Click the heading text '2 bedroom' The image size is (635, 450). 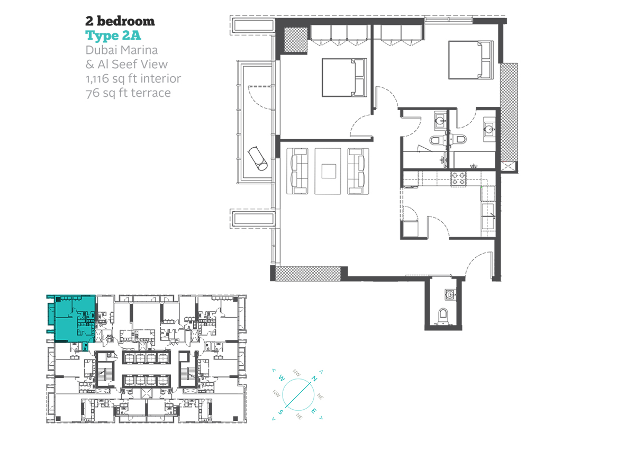click(120, 21)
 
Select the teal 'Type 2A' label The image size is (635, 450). click(113, 35)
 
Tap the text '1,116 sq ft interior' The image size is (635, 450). click(133, 78)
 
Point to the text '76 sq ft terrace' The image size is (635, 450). click(128, 93)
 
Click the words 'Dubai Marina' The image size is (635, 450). click(122, 50)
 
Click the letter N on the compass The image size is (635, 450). click(314, 379)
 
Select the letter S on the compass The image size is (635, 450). click(280, 412)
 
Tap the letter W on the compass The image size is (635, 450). click(282, 377)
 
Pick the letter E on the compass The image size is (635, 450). click(314, 411)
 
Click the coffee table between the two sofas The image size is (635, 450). click(328, 172)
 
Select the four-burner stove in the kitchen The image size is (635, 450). click(458, 179)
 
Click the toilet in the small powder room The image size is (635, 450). click(443, 316)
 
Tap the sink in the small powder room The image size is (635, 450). click(450, 294)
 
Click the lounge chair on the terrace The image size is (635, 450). click(257, 158)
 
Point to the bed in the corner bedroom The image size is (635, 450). click(471, 60)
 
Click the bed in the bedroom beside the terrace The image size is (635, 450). click(344, 77)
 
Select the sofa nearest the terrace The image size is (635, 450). click(297, 171)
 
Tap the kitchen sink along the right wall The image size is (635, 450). click(488, 215)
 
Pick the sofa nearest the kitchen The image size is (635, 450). click(358, 171)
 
